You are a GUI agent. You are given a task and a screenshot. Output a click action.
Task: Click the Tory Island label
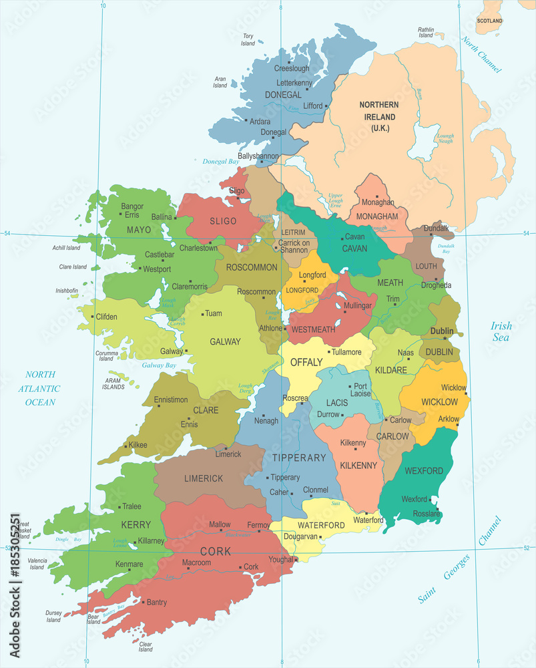tap(248, 39)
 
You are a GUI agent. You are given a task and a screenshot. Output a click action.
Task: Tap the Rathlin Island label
tap(426, 33)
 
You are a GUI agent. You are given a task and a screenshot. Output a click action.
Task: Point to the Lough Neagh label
tap(445, 139)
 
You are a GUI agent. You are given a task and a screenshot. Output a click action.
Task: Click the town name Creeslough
tap(292, 69)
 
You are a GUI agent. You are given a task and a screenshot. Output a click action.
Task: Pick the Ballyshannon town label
tap(258, 156)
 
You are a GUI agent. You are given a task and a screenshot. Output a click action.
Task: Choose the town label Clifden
tap(107, 317)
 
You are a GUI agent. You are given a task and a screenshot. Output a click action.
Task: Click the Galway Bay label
tap(159, 365)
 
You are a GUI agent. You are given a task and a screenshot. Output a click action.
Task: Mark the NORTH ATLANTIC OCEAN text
tap(41, 388)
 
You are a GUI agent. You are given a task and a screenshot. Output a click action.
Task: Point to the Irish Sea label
tap(501, 331)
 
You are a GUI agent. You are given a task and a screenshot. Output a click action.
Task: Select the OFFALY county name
tap(306, 363)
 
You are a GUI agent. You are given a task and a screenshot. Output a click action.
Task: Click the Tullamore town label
tap(347, 352)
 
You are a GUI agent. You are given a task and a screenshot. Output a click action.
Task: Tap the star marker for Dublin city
tap(445, 339)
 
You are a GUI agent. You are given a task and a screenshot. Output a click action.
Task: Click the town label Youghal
tap(281, 559)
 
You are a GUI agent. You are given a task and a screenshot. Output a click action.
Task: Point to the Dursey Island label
tap(53, 616)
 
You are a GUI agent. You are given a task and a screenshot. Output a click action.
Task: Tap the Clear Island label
tap(146, 647)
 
